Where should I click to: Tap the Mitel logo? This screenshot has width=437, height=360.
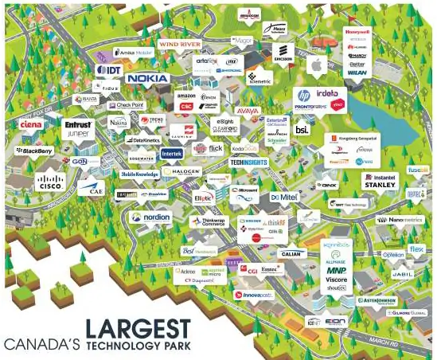click(x=284, y=197)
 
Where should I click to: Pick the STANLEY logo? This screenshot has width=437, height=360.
click(x=380, y=185)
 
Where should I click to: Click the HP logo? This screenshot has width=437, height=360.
click(x=303, y=95)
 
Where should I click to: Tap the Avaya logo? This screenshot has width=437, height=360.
click(x=248, y=110)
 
